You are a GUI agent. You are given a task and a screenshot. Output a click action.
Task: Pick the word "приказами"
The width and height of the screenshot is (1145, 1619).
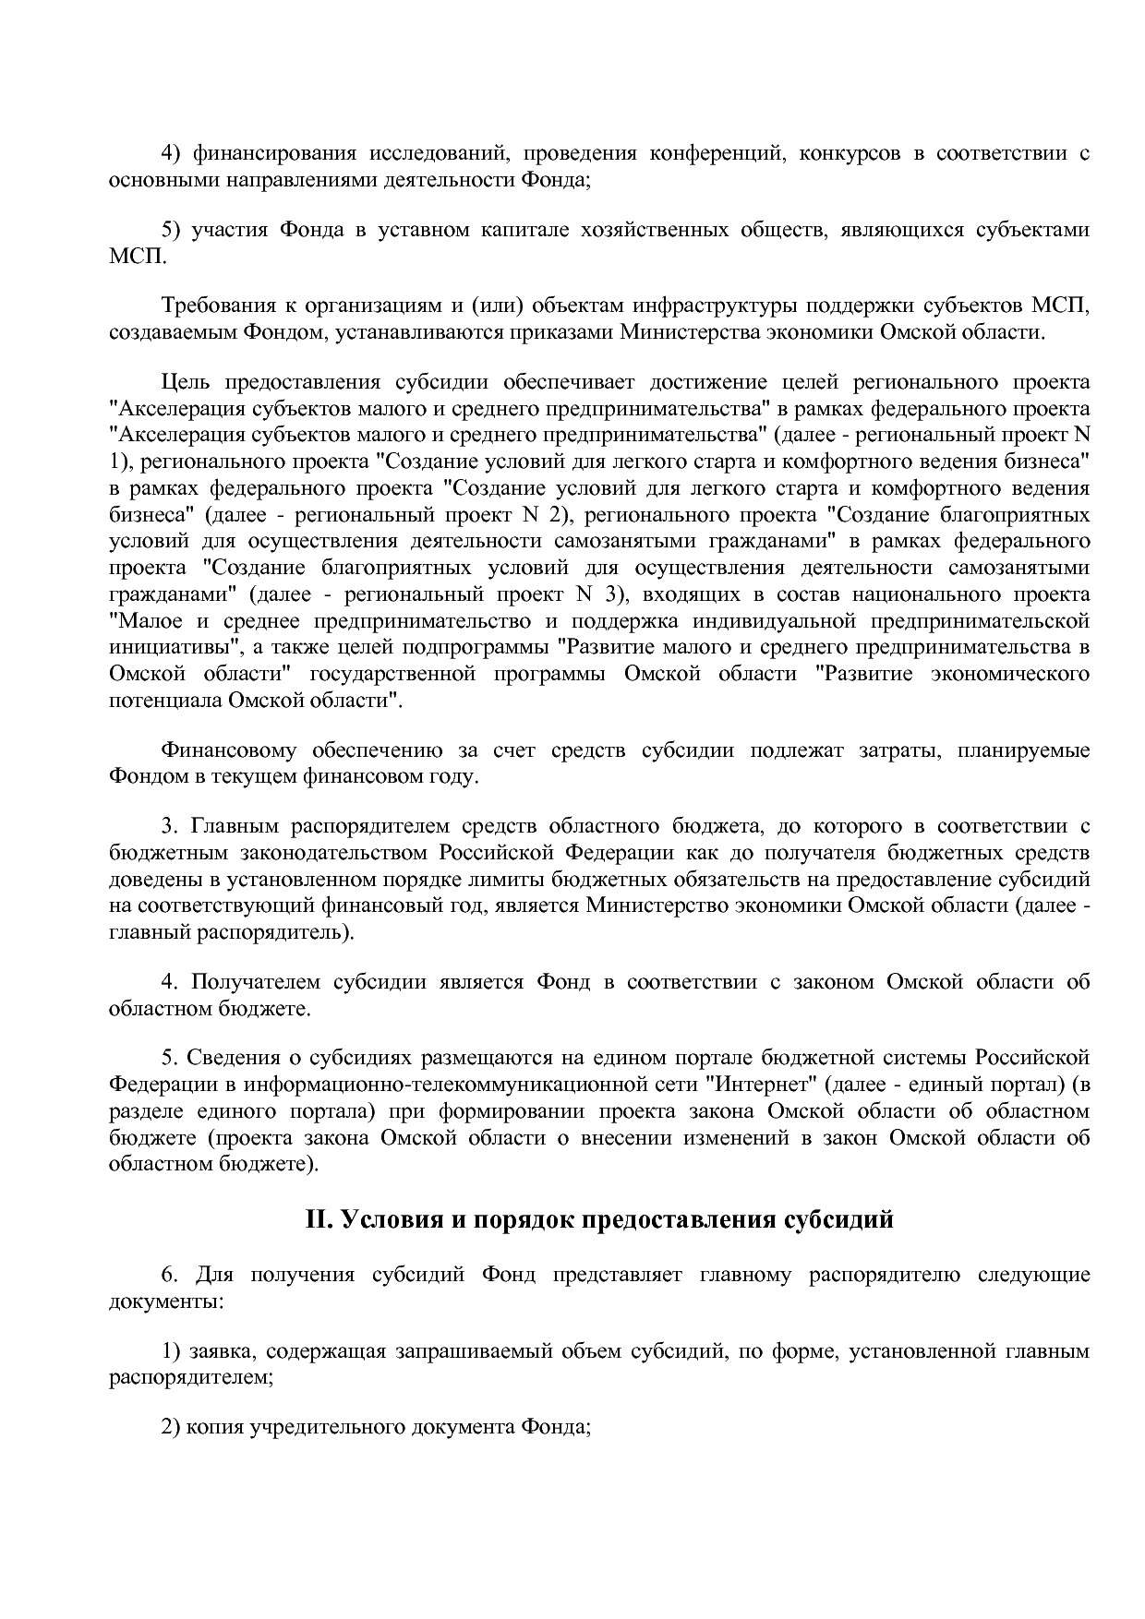click(x=560, y=332)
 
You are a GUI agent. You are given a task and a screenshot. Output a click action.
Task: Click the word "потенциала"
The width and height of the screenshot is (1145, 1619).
click(x=159, y=700)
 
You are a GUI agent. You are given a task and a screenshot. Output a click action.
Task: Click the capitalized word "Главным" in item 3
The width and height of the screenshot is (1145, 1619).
click(x=236, y=826)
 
